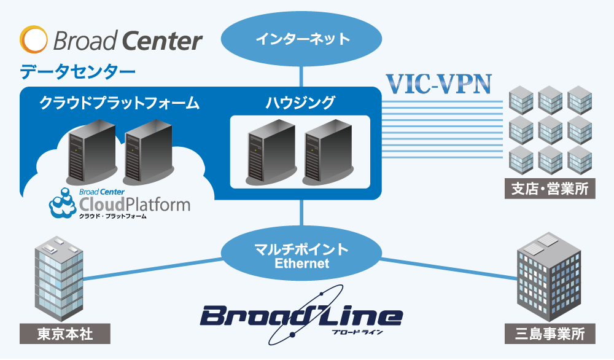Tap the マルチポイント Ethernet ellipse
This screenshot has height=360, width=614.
tap(301, 257)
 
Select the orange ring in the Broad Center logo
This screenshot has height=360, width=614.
tap(33, 40)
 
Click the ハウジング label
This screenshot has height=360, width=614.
tap(300, 102)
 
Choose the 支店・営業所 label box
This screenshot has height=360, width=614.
tap(550, 188)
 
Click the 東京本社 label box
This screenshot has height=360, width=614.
tap(65, 334)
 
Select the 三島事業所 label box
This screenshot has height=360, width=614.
tap(550, 334)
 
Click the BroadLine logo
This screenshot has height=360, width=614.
tap(301, 316)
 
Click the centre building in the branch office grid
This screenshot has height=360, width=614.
tap(550, 128)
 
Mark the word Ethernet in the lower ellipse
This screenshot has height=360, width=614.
tap(301, 264)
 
